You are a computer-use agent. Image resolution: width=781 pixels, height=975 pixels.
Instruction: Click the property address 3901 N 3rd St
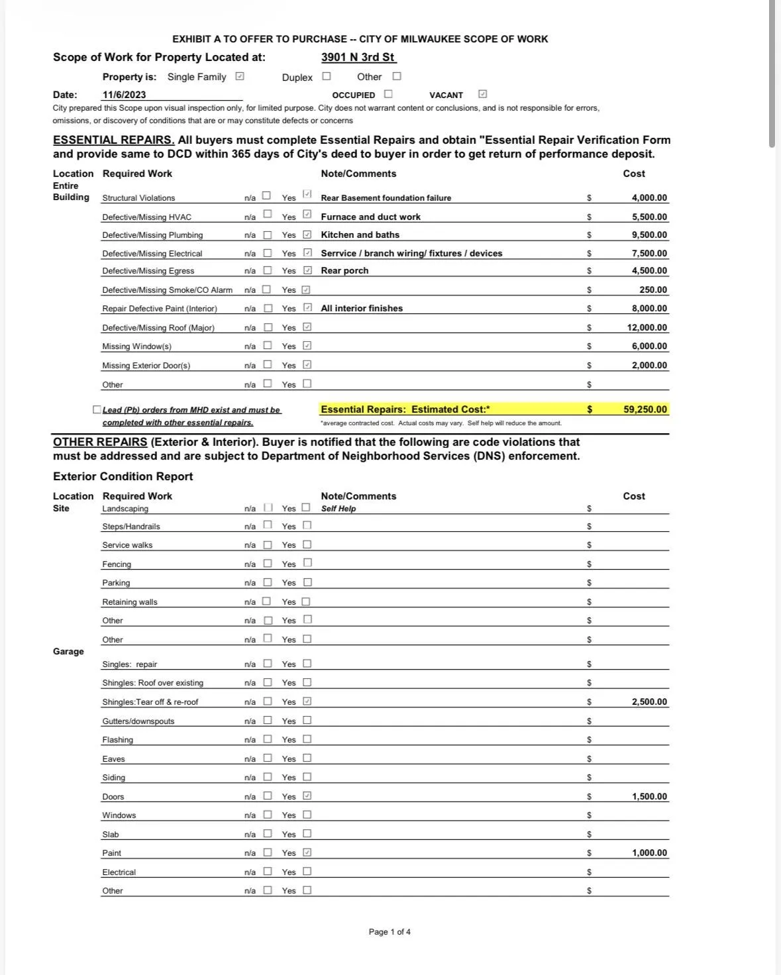358,57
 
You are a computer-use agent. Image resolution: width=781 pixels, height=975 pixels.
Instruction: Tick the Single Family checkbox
240,76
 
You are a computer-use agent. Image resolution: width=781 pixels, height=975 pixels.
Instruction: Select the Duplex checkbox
327,76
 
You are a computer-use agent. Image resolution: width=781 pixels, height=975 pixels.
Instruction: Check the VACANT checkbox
482,94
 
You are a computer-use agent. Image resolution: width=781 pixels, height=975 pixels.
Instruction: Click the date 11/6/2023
124,95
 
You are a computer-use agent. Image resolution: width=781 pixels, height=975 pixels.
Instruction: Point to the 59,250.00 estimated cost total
645,409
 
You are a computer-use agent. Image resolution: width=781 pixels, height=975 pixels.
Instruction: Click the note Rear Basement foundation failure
386,198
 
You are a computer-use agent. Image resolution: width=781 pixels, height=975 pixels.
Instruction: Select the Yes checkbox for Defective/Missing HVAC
307,215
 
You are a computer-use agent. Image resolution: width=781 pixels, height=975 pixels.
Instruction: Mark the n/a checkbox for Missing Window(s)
268,345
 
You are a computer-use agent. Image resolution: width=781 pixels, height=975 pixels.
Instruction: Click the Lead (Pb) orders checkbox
97,409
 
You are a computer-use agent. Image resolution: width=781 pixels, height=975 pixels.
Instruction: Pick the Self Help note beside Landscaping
338,509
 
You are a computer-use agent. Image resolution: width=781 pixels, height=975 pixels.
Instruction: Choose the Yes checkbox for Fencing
307,563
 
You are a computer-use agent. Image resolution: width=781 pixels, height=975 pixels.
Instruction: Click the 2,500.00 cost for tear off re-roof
649,701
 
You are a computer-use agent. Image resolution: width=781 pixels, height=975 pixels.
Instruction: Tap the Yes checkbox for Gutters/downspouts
307,720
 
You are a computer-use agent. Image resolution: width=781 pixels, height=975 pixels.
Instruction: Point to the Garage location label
68,651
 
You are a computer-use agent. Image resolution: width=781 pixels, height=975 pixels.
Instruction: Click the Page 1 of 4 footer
390,932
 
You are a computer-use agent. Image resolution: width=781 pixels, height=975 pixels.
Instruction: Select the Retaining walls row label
130,602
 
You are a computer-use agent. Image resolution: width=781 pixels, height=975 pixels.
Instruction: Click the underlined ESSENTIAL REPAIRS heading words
114,140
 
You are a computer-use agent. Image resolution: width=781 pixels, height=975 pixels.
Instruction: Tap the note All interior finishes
362,308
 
